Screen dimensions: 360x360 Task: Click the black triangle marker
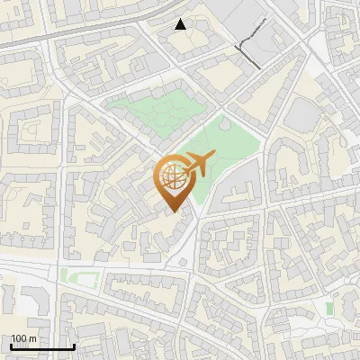click(x=181, y=24)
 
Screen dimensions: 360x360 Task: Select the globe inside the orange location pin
click(x=171, y=177)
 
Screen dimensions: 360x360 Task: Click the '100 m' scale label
click(x=24, y=338)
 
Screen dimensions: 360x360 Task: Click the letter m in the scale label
click(x=32, y=338)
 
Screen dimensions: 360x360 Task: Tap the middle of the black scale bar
click(x=42, y=346)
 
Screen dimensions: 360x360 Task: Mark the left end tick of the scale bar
click(x=11, y=346)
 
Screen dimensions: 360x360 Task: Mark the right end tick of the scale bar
click(x=74, y=346)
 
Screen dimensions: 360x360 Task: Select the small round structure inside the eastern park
click(x=224, y=124)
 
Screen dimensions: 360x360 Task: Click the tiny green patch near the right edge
click(x=329, y=309)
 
